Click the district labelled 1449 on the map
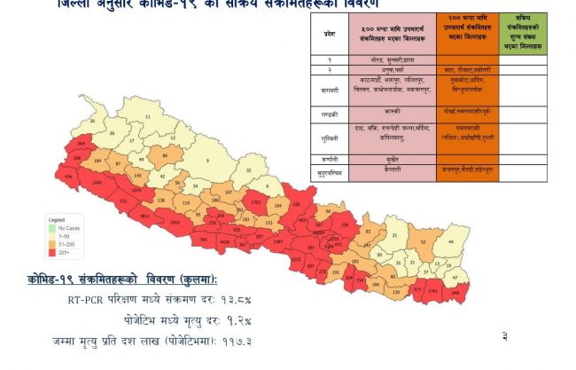click(97, 183)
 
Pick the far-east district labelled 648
click(457, 290)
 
